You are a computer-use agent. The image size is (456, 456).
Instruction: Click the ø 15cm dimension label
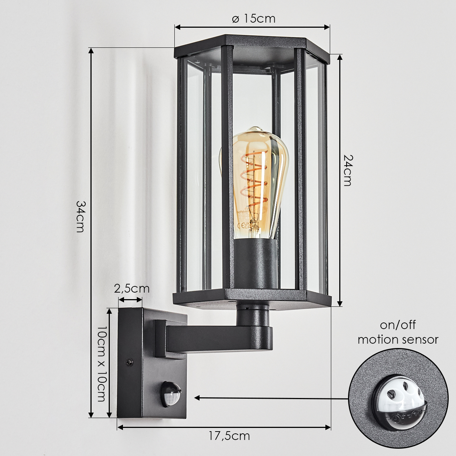coord(254,19)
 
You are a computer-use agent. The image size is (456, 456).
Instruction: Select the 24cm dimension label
coord(348,170)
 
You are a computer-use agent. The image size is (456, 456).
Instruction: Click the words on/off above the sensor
coord(398,325)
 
